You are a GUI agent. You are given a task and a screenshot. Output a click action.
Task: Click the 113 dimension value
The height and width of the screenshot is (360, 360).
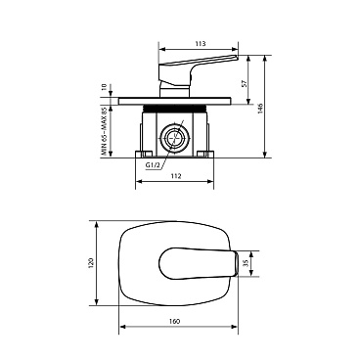(202, 43)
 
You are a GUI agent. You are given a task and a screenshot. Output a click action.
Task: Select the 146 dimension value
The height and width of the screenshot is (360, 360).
(260, 109)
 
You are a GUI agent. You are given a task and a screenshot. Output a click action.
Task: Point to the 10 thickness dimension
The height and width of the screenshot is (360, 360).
(104, 87)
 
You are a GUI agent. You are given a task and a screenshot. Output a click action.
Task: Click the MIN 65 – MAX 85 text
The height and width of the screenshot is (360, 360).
(104, 131)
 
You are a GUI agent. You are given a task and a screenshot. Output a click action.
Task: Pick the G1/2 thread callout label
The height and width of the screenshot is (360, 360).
(153, 165)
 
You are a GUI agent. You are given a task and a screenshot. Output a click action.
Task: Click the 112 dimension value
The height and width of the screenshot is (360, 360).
(176, 176)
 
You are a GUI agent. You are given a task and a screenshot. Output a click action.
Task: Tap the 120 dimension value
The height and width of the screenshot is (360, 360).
(91, 262)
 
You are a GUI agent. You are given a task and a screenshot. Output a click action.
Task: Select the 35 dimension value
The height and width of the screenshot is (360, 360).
(246, 263)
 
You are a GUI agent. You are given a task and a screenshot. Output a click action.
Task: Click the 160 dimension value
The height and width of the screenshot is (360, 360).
(175, 321)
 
